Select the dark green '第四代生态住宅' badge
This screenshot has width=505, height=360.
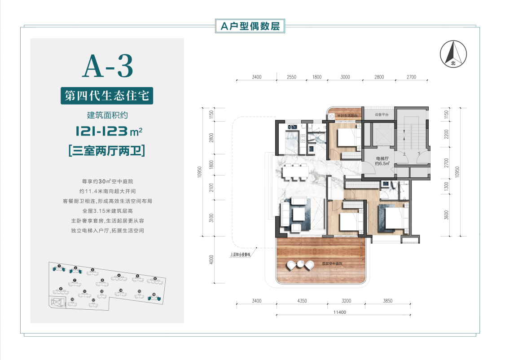[x=107, y=97]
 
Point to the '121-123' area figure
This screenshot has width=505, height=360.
[x=101, y=132]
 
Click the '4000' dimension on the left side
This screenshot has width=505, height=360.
[x=211, y=260]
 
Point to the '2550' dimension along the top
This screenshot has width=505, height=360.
[x=291, y=77]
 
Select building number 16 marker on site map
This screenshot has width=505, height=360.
[x=154, y=295]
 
